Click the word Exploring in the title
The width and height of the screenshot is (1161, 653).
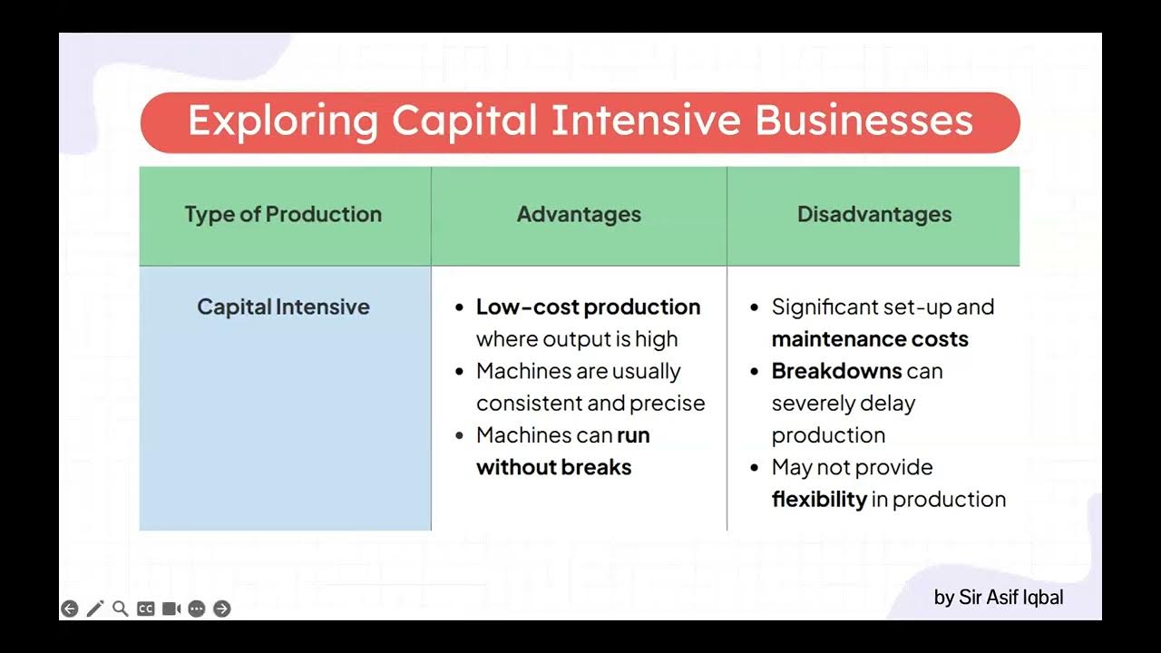click(282, 122)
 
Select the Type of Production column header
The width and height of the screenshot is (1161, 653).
click(283, 215)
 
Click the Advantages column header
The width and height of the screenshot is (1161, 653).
click(579, 215)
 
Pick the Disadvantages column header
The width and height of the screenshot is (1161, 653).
click(874, 215)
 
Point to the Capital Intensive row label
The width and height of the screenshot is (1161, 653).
click(283, 307)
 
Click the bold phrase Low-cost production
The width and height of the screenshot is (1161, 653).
click(588, 307)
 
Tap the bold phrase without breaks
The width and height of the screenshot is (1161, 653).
click(553, 467)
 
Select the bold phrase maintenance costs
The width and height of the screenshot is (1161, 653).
click(870, 339)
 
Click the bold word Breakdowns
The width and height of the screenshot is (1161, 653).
click(836, 371)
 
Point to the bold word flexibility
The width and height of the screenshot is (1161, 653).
click(819, 499)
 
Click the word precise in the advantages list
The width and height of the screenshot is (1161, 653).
click(672, 403)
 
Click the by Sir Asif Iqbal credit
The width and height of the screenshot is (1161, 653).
click(998, 598)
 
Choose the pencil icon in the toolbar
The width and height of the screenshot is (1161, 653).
click(95, 609)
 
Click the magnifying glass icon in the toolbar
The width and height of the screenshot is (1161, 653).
click(120, 609)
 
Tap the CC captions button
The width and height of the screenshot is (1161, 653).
click(145, 609)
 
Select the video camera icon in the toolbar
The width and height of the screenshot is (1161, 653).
click(171, 609)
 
